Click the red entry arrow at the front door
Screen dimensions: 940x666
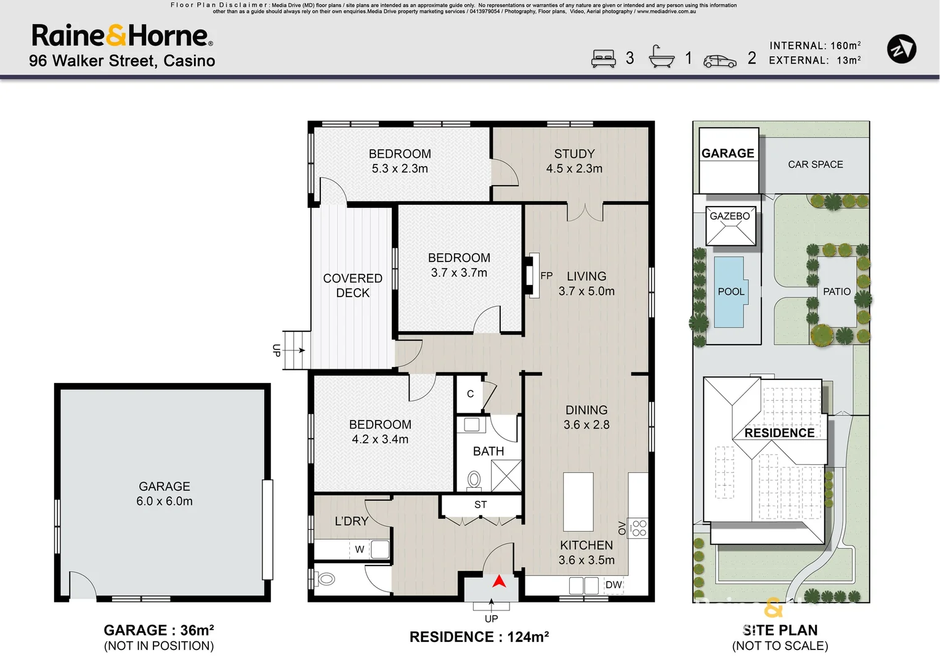click(499, 581)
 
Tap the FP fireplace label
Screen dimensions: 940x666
click(546, 276)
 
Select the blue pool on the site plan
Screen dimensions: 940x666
click(730, 292)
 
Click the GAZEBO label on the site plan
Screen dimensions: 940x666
click(730, 216)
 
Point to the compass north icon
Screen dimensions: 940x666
click(901, 49)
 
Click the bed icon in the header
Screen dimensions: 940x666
click(604, 59)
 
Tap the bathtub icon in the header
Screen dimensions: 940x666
click(662, 56)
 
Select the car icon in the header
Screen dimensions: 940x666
click(719, 61)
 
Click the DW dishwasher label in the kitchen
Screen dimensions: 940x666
click(614, 585)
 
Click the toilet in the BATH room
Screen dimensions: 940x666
click(474, 479)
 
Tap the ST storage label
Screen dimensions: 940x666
click(480, 504)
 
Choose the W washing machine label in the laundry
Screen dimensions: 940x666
click(359, 549)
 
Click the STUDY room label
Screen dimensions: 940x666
click(574, 154)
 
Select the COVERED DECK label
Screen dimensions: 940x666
click(352, 286)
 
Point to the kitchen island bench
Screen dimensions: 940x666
click(578, 502)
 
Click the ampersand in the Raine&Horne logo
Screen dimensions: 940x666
click(116, 35)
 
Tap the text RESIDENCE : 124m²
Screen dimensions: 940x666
click(479, 637)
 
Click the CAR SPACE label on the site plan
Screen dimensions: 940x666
click(815, 164)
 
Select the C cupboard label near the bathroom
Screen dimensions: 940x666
click(470, 393)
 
